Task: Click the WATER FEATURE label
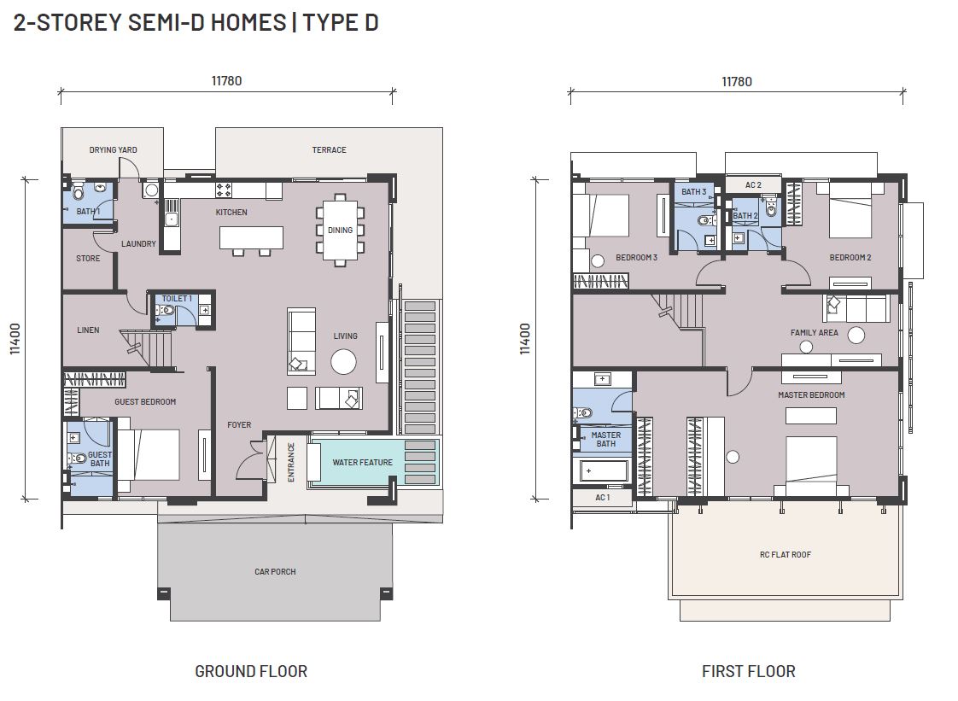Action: click(x=362, y=463)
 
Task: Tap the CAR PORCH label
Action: click(x=275, y=572)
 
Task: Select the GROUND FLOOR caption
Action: click(x=251, y=672)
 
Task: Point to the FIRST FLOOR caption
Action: click(x=749, y=672)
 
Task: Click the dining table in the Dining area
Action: click(x=340, y=231)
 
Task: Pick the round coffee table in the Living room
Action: click(x=343, y=362)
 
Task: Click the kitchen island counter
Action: click(x=252, y=237)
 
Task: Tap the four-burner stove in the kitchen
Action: click(x=224, y=190)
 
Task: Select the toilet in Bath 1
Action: click(x=80, y=192)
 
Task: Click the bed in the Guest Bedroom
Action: click(x=149, y=455)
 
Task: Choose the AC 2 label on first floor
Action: click(x=753, y=185)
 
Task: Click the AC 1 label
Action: click(x=603, y=498)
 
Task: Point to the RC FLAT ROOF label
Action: click(x=785, y=555)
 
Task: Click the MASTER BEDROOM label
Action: click(x=811, y=395)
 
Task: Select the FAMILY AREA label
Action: click(x=814, y=333)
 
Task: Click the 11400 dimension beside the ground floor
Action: click(x=15, y=339)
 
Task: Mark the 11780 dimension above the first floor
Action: click(x=737, y=82)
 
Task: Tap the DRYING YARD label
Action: click(x=113, y=149)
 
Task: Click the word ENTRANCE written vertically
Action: click(x=291, y=463)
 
